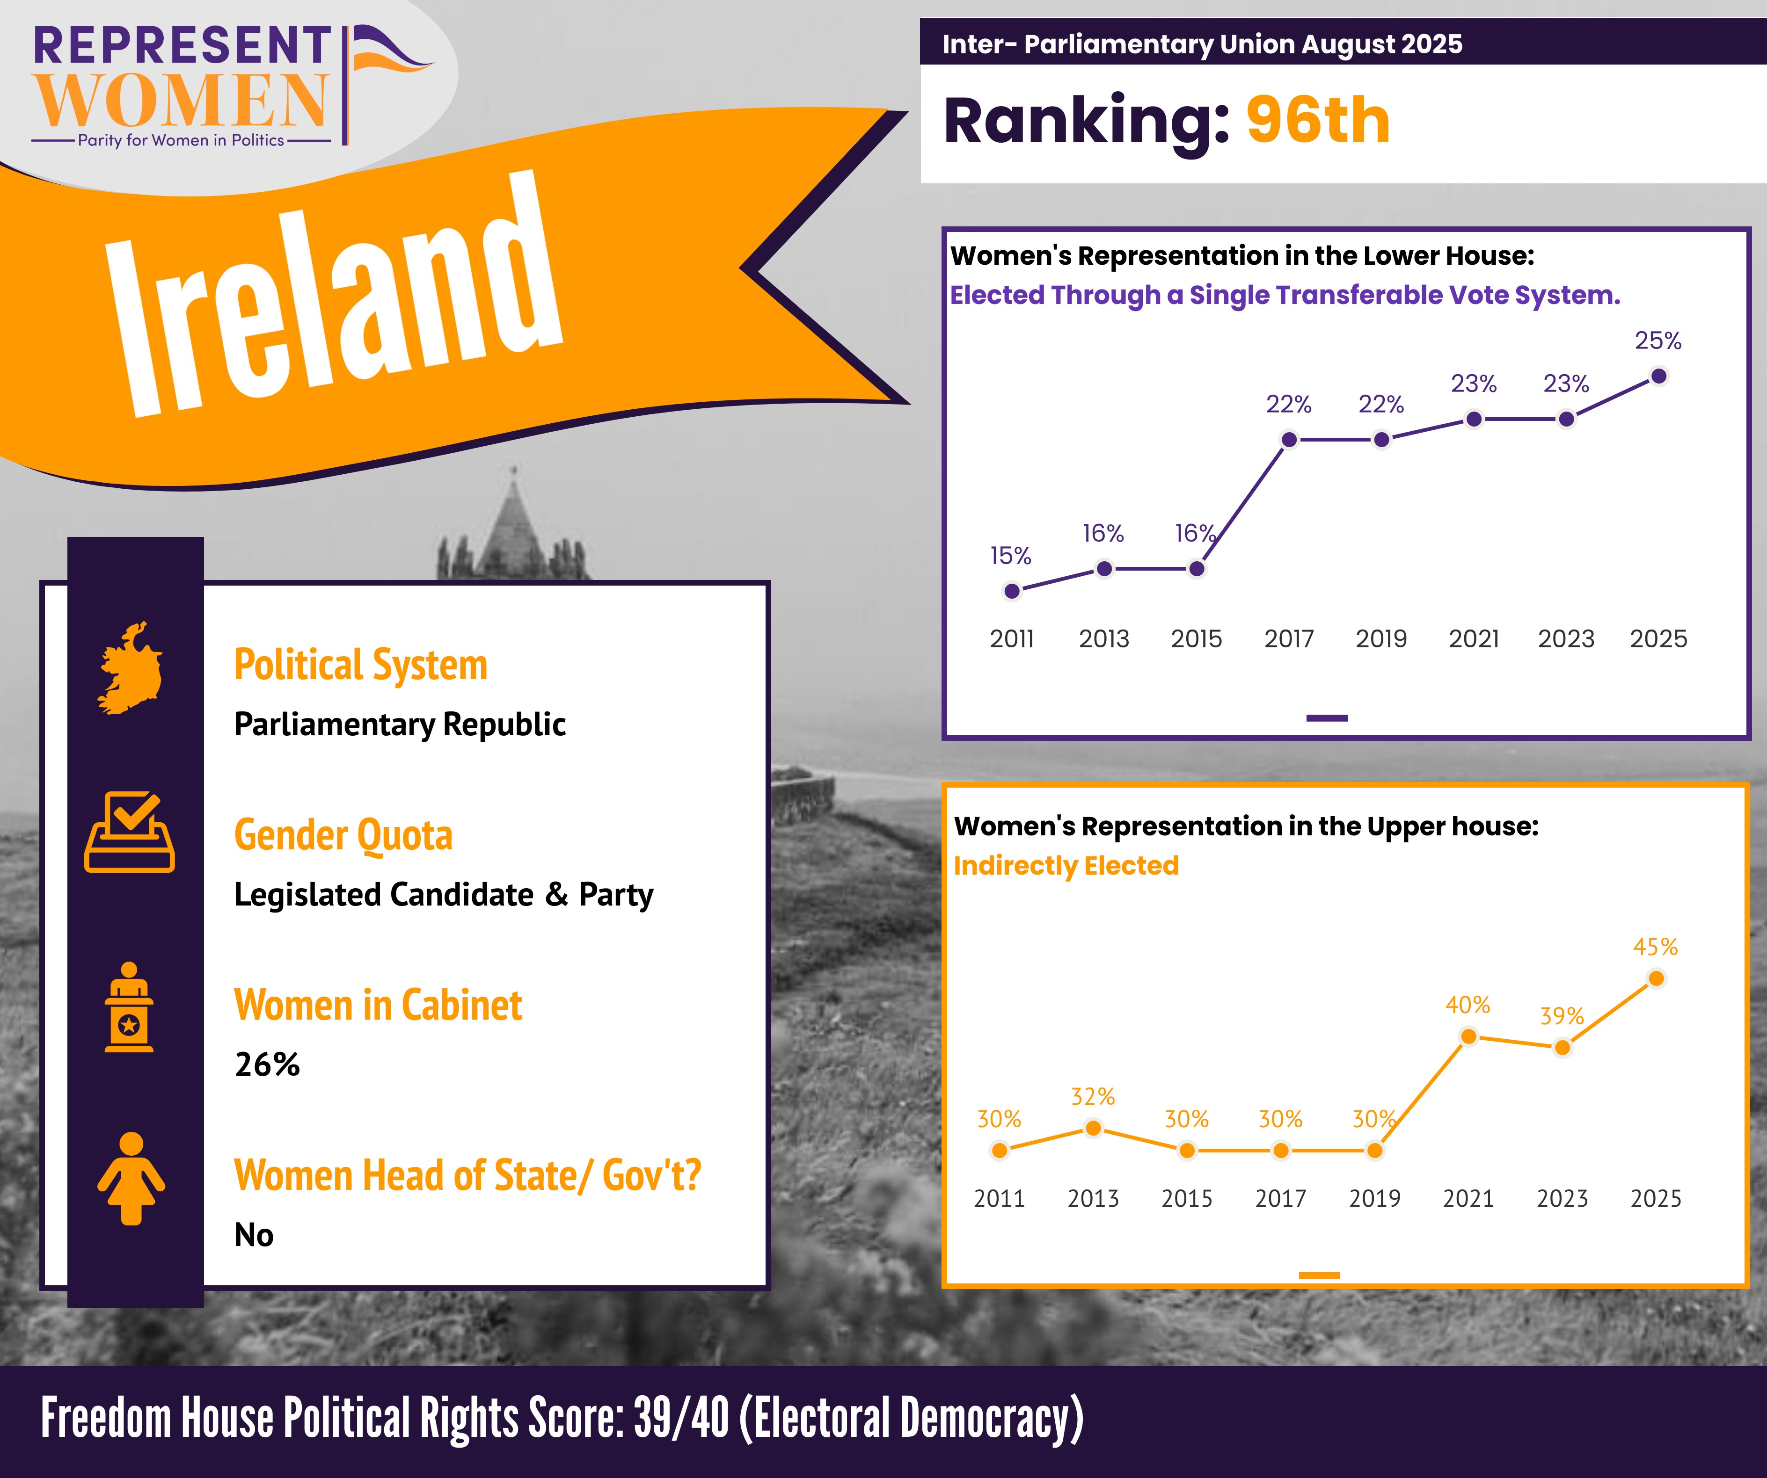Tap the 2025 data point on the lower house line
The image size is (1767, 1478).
1658,376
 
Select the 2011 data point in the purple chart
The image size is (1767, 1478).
1012,591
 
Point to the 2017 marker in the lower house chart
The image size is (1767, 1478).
1288,439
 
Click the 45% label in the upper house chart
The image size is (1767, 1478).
1655,947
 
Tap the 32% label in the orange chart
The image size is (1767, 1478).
1092,1097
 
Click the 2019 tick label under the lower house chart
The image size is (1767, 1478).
1381,639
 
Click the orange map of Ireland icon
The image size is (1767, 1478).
131,669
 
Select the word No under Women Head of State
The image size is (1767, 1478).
253,1235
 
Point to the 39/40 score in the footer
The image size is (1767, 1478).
681,1418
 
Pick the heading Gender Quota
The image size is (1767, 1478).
343,835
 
